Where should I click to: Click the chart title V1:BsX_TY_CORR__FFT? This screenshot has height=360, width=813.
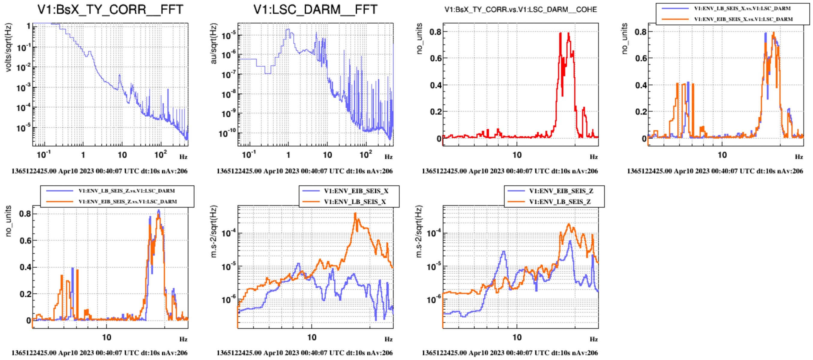click(110, 10)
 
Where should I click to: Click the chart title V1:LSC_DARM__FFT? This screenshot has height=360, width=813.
click(315, 10)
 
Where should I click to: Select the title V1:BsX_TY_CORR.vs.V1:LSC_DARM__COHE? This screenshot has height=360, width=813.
click(520, 10)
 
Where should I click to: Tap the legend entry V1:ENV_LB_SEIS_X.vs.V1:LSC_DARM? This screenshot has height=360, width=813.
click(742, 8)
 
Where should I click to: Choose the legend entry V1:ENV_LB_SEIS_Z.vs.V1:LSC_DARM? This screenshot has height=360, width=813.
click(127, 191)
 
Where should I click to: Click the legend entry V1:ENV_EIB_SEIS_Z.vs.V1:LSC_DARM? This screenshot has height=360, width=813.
click(128, 201)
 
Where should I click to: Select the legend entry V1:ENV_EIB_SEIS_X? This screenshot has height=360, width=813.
click(356, 191)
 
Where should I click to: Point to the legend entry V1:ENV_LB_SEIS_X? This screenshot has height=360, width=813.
click(355, 201)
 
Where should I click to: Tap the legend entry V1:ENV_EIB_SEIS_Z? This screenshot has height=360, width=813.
click(561, 191)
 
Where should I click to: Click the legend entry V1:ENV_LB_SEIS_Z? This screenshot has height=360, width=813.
click(560, 201)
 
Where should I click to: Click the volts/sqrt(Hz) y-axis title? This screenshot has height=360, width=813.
click(8, 47)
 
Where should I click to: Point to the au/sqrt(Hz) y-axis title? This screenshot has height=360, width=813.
click(214, 43)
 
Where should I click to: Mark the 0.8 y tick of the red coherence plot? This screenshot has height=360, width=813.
click(435, 31)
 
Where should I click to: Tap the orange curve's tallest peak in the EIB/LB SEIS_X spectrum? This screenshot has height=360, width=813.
click(355, 214)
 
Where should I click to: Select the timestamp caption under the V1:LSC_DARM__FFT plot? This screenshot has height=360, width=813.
click(304, 171)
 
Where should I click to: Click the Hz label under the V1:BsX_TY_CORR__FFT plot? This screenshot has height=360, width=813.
click(183, 157)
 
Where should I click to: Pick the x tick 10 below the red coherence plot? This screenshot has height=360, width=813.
click(517, 155)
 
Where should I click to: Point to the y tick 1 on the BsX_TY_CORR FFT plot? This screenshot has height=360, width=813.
click(28, 26)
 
